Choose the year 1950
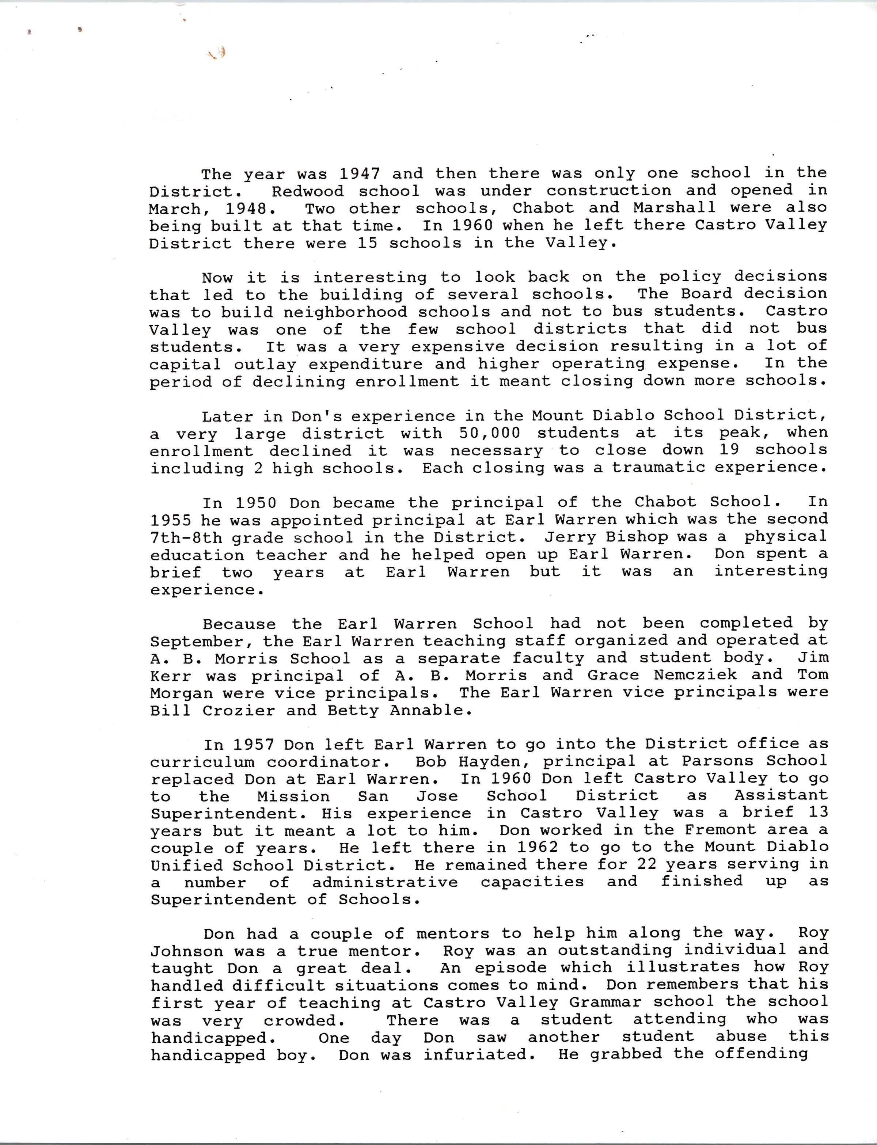pyautogui.click(x=256, y=503)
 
